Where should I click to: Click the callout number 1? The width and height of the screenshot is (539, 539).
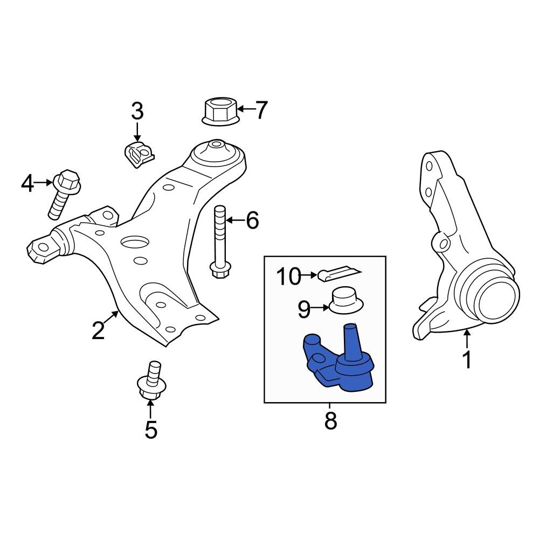(x=467, y=359)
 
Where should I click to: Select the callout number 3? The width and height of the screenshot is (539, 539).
(x=137, y=112)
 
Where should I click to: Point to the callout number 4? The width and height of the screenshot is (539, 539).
(x=27, y=184)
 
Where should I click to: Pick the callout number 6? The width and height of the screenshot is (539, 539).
(x=252, y=220)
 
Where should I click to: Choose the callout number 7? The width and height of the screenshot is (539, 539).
(x=261, y=110)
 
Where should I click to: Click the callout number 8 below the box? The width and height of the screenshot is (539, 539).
(x=330, y=421)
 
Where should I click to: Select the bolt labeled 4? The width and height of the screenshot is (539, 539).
(x=63, y=194)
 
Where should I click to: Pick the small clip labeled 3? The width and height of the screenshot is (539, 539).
(x=137, y=154)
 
